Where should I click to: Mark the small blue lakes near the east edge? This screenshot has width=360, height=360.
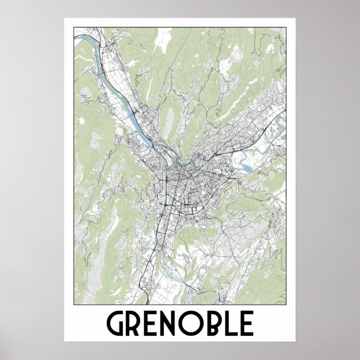(x=272, y=131)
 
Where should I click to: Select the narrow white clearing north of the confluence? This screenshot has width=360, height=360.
(x=169, y=117)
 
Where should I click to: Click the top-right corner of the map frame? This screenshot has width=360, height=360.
(x=286, y=29)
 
